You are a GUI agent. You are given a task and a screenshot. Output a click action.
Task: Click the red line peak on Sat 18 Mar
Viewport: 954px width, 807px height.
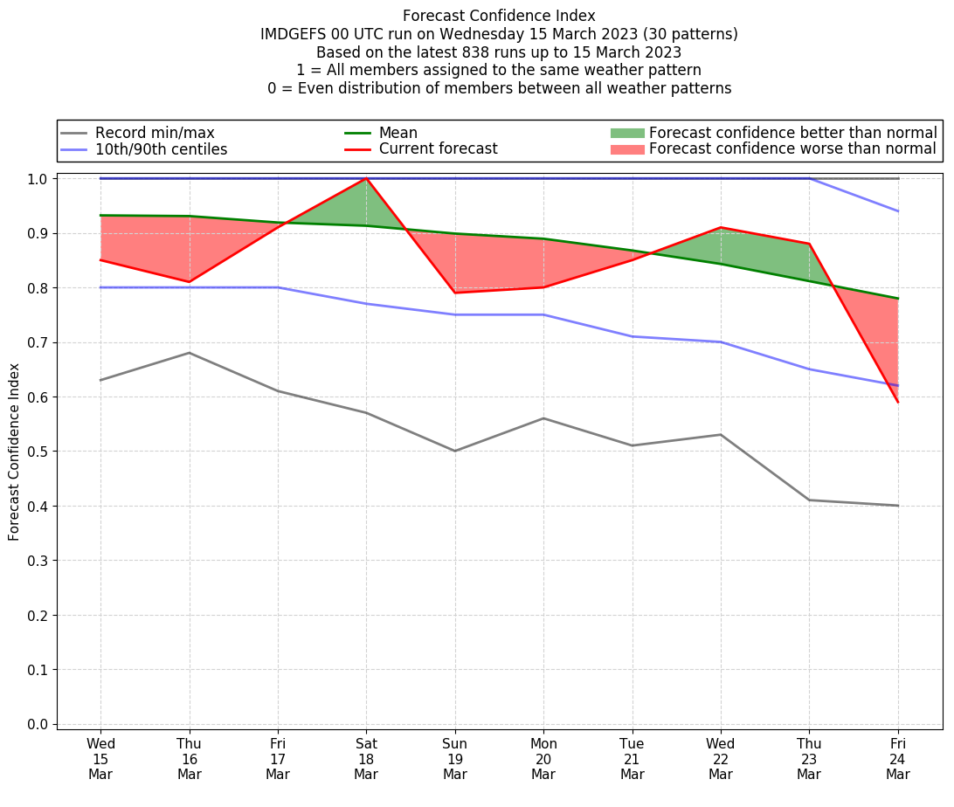pos(366,178)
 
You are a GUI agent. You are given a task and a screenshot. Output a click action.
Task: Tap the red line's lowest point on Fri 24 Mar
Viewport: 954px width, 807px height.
pos(898,402)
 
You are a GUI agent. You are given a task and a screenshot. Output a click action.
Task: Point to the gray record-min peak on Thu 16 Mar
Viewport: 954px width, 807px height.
pos(189,353)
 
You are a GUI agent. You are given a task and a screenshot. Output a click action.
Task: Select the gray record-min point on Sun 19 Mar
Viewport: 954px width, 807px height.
pos(454,451)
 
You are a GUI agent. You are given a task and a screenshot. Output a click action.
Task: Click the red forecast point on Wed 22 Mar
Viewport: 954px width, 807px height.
pos(721,227)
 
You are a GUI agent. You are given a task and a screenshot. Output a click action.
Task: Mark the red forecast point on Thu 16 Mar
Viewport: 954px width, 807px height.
pos(189,282)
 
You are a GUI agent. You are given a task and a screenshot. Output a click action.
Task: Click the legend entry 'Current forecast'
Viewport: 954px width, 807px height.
pos(438,149)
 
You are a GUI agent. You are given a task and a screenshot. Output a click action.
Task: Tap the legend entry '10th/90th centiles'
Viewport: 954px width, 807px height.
pos(161,149)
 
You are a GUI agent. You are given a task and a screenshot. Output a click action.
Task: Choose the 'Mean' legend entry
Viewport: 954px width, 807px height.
pos(397,133)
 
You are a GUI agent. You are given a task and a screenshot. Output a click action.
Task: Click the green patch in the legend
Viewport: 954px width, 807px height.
pos(626,133)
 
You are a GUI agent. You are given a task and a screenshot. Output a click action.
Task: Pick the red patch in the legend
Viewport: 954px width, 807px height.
pos(626,149)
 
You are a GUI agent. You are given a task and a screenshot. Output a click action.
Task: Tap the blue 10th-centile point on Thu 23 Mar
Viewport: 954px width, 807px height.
pos(809,369)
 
